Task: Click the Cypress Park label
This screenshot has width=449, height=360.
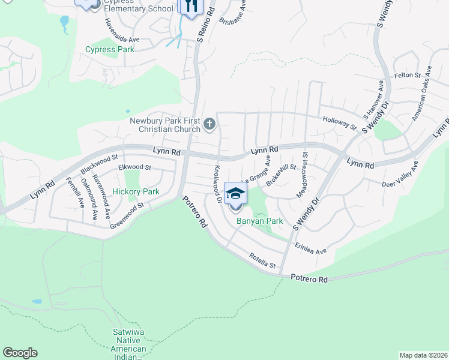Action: click(110, 50)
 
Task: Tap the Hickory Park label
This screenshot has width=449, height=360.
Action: click(136, 192)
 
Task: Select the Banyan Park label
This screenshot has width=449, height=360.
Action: click(259, 221)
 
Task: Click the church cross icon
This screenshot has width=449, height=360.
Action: click(209, 125)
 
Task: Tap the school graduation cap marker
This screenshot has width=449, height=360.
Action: click(235, 194)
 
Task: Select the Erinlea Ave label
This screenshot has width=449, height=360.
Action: click(310, 248)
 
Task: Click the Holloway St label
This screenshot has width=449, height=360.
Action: click(340, 123)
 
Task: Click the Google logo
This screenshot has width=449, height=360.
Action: click(20, 353)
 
